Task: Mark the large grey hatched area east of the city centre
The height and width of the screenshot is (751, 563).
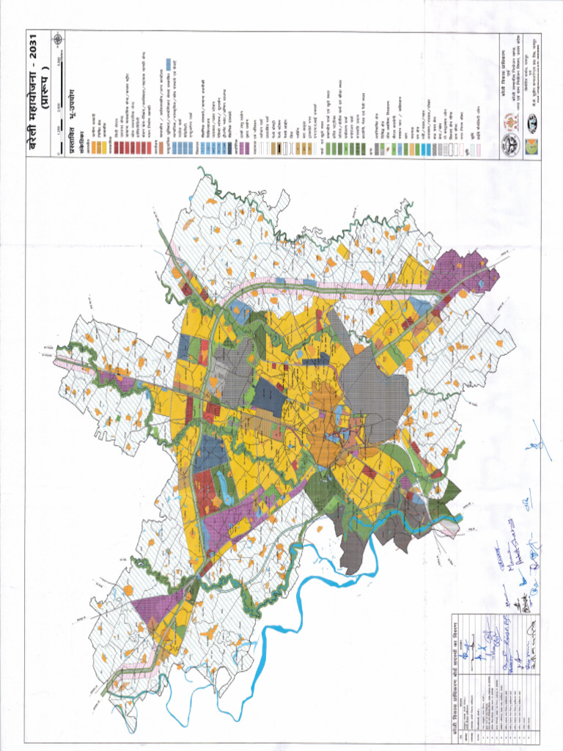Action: click(374, 389)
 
